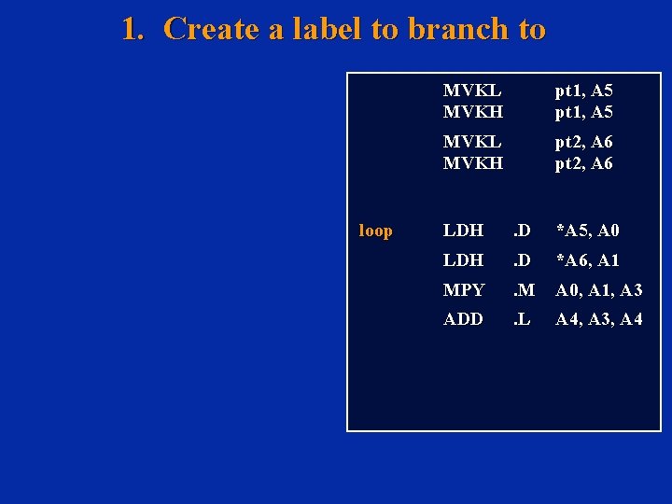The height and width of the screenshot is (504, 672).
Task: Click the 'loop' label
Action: pos(375,231)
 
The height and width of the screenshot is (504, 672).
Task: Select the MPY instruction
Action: pos(464,291)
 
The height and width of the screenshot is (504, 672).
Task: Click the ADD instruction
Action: pos(463,319)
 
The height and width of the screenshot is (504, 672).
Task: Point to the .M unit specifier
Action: pos(524,291)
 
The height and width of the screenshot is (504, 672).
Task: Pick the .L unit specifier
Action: pos(522,319)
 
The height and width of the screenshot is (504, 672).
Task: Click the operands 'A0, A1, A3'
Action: pos(598,291)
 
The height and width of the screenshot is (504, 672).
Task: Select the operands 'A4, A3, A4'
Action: pos(598,319)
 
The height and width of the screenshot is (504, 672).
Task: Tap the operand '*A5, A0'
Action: pos(587,231)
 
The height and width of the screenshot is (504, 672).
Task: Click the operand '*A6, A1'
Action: pos(587,260)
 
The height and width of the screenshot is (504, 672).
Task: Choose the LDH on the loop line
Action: pos(463,231)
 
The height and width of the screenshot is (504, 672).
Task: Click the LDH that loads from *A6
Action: pos(463,260)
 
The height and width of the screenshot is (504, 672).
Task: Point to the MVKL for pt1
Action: pos(471,91)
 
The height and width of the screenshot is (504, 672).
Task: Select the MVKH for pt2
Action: pos(472,163)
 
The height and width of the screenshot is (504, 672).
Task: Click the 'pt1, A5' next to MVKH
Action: pos(583,112)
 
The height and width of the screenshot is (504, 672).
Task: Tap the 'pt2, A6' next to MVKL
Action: pos(583,142)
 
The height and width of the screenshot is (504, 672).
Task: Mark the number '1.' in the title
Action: pos(133,29)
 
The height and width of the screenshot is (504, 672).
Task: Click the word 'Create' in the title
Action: pos(212,29)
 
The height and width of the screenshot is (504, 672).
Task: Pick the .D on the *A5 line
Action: pos(522,231)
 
